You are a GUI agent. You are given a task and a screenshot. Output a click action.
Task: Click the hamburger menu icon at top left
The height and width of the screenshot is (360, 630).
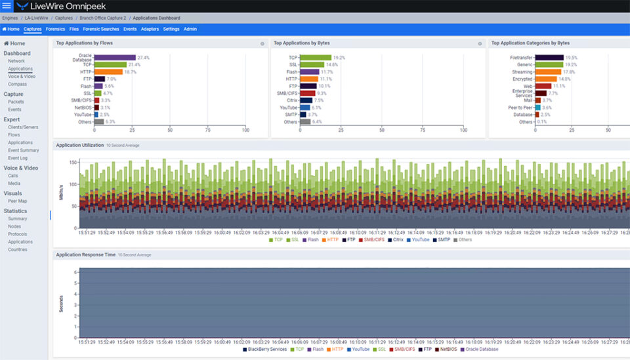[7, 6]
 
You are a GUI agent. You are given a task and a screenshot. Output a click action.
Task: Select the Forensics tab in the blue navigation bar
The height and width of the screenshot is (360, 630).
[55, 30]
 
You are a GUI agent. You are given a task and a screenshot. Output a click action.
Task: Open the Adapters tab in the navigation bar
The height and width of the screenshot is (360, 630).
[150, 30]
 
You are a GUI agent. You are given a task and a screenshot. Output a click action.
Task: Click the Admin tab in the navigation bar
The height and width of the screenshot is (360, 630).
[190, 30]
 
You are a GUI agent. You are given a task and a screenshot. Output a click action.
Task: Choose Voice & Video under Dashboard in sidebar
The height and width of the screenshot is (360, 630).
[22, 76]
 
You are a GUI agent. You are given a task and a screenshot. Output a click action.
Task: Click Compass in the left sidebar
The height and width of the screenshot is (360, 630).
[17, 84]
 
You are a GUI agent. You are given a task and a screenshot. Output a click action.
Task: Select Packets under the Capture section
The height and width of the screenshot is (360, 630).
[16, 102]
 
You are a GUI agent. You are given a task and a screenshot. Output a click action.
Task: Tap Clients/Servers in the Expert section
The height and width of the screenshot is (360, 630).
[23, 127]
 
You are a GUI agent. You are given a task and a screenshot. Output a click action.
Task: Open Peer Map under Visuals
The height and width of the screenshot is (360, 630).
[17, 201]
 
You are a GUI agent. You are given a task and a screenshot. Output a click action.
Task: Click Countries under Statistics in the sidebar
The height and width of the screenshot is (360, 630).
[18, 249]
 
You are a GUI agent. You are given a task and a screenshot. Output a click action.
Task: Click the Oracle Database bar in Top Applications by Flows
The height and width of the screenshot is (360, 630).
[114, 58]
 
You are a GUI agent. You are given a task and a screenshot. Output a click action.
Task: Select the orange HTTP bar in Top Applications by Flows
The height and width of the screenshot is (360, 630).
[108, 71]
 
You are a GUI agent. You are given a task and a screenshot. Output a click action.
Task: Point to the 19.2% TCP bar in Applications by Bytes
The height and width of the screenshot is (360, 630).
[316, 58]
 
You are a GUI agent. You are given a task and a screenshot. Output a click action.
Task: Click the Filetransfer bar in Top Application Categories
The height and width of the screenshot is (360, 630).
[549, 58]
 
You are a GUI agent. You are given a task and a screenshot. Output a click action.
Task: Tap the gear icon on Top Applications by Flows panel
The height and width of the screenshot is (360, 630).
[262, 44]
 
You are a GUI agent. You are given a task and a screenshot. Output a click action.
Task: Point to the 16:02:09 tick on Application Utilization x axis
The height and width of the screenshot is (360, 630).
[242, 232]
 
